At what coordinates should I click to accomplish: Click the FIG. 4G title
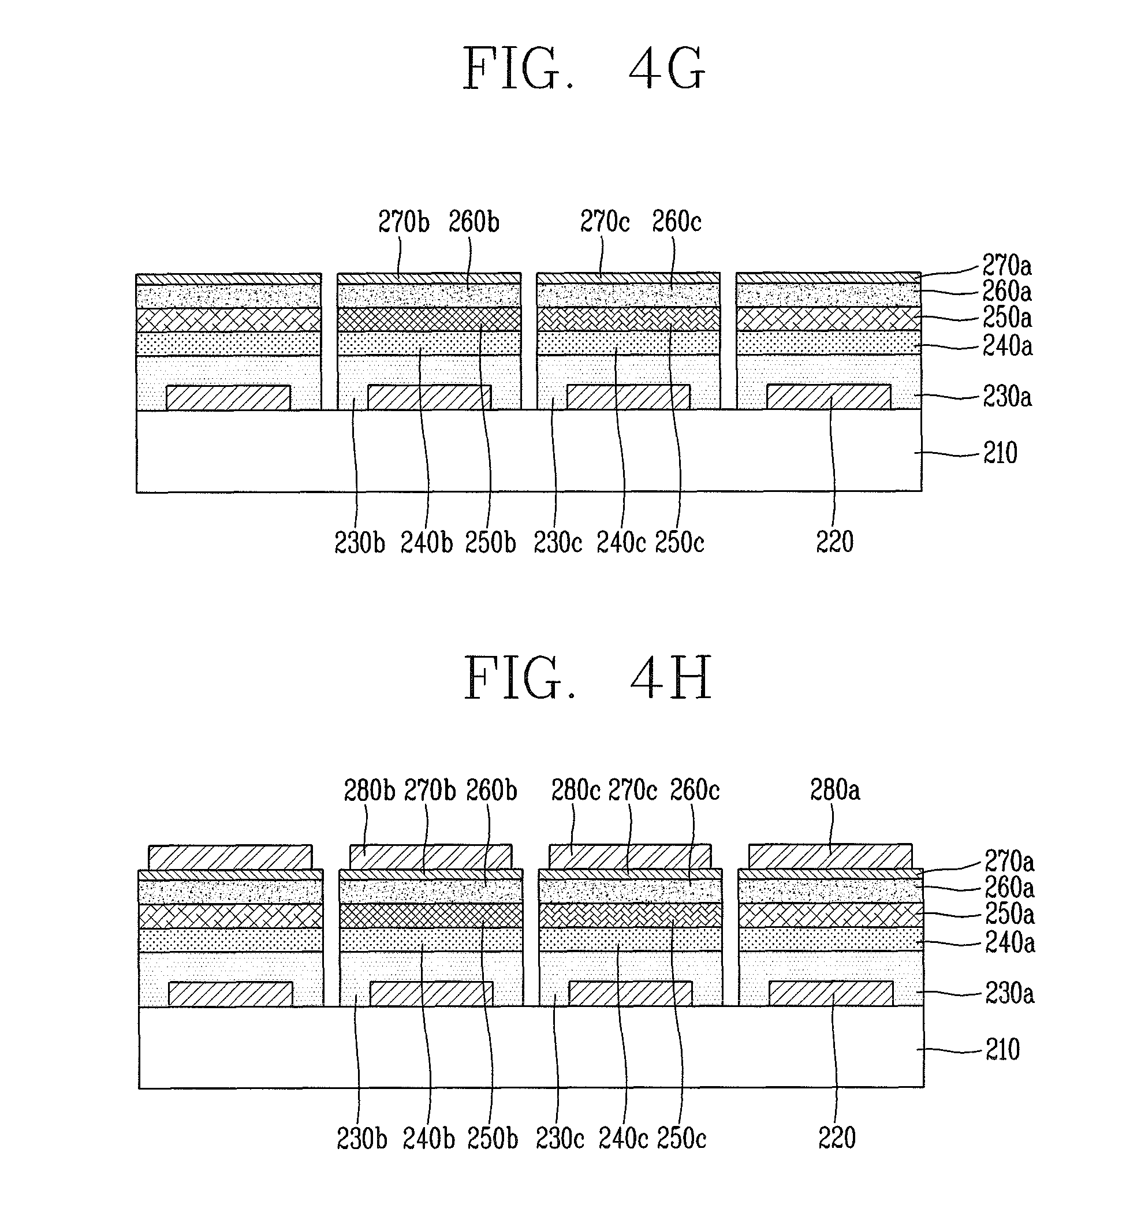(x=584, y=69)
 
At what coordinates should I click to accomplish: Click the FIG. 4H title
(x=587, y=678)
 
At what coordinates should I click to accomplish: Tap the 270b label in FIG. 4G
(x=404, y=222)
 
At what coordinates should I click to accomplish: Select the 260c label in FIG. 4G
(x=676, y=222)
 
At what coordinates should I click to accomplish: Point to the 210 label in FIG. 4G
(x=1000, y=453)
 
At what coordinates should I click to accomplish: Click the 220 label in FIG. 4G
(x=835, y=542)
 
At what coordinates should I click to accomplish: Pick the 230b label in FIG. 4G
(x=360, y=542)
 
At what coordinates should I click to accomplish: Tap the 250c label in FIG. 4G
(x=680, y=542)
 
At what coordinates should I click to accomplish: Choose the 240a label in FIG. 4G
(x=1007, y=346)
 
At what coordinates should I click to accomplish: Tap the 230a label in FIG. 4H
(x=1009, y=994)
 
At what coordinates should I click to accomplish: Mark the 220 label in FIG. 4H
(x=837, y=1138)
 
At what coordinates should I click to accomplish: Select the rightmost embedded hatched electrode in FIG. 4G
(x=829, y=397)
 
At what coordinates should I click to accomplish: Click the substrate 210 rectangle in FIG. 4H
(x=531, y=1047)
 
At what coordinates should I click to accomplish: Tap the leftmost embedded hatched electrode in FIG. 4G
(x=229, y=397)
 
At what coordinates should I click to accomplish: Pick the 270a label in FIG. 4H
(x=1009, y=862)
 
